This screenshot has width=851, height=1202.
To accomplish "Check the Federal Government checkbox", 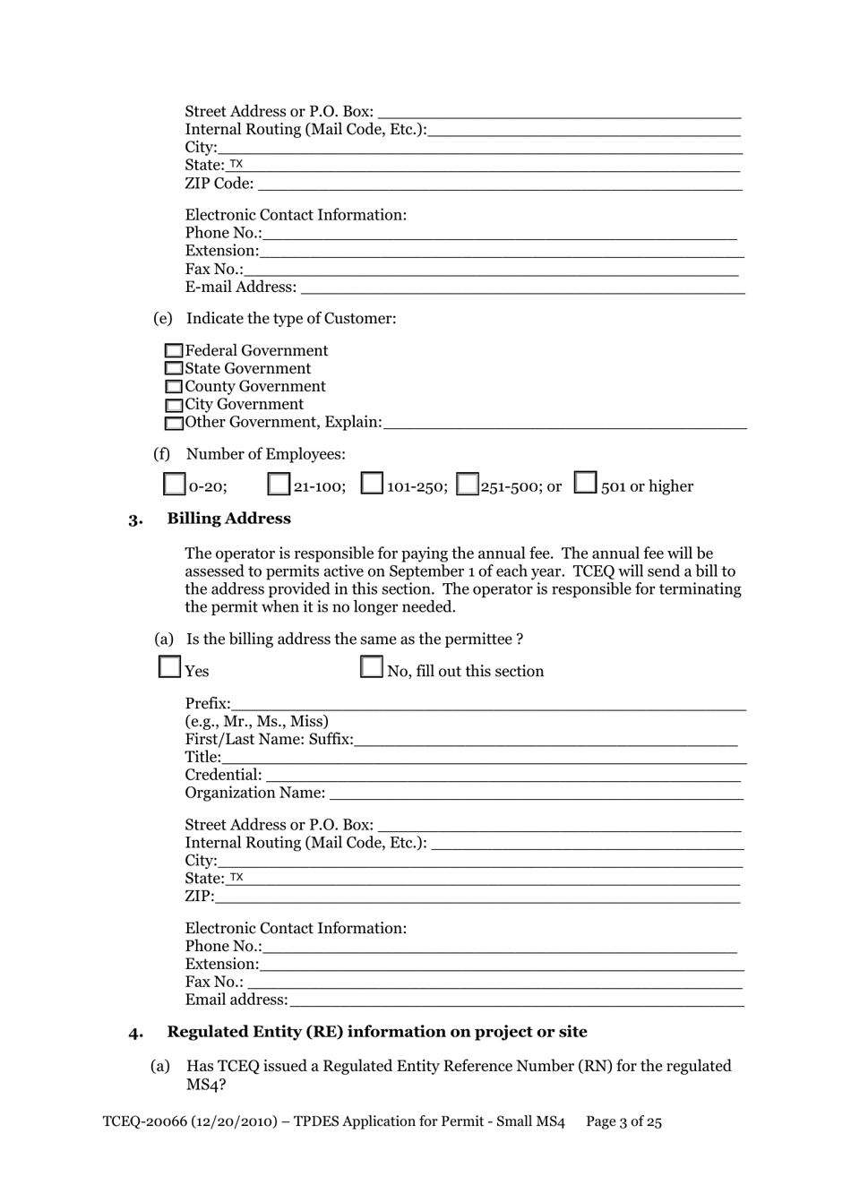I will [174, 351].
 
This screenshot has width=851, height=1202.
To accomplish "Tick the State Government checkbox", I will [174, 369].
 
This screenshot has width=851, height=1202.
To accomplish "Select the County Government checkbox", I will [174, 387].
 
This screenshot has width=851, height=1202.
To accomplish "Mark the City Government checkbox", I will [174, 405].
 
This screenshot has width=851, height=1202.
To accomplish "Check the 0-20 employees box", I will [175, 485].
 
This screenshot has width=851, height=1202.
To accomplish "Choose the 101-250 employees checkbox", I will [372, 484].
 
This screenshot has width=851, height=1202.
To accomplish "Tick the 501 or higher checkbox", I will [585, 483].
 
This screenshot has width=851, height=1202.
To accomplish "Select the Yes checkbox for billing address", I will [169, 667].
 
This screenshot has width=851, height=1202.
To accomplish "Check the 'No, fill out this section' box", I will [371, 667].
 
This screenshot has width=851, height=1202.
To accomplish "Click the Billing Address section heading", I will [228, 519].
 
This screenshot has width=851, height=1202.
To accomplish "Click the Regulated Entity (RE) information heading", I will [377, 1032].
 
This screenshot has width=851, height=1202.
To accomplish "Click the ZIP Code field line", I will [499, 185].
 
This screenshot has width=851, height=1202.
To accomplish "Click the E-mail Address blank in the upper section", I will [522, 288].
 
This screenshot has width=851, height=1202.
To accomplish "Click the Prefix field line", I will [488, 704].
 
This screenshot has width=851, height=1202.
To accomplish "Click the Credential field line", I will [503, 776].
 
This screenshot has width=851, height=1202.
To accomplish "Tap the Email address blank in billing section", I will [516, 1000].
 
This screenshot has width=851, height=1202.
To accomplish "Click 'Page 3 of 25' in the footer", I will [623, 1122].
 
